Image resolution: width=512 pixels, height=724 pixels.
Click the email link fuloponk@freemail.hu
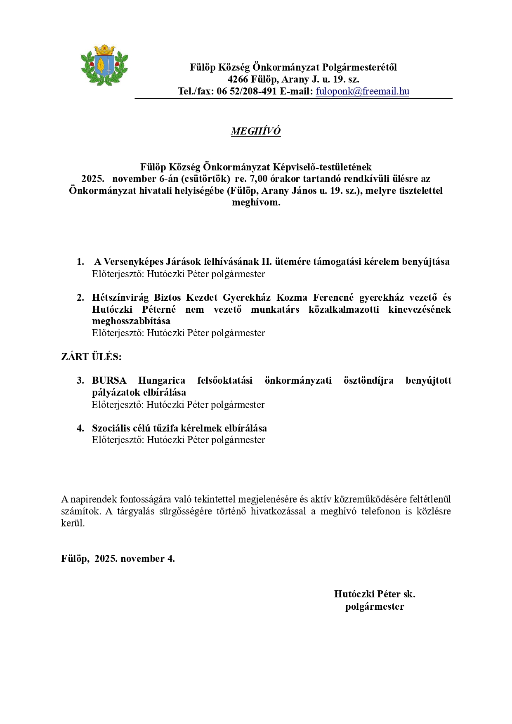tap(362, 91)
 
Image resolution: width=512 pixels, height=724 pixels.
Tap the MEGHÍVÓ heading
tap(256, 131)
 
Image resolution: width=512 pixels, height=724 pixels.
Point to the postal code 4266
tap(238, 79)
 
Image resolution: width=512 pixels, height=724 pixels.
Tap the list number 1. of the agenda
tap(80, 262)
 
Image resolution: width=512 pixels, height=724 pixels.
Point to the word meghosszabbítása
tap(131, 321)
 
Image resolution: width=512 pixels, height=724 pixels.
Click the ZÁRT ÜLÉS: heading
tap(91, 357)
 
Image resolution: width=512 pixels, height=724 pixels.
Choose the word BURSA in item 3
tap(109, 380)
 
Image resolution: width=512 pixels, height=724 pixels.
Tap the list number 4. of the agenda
tap(80, 428)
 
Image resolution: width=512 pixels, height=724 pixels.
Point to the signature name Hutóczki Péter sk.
tap(375, 594)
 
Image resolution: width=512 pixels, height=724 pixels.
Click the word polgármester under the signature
tap(375, 606)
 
